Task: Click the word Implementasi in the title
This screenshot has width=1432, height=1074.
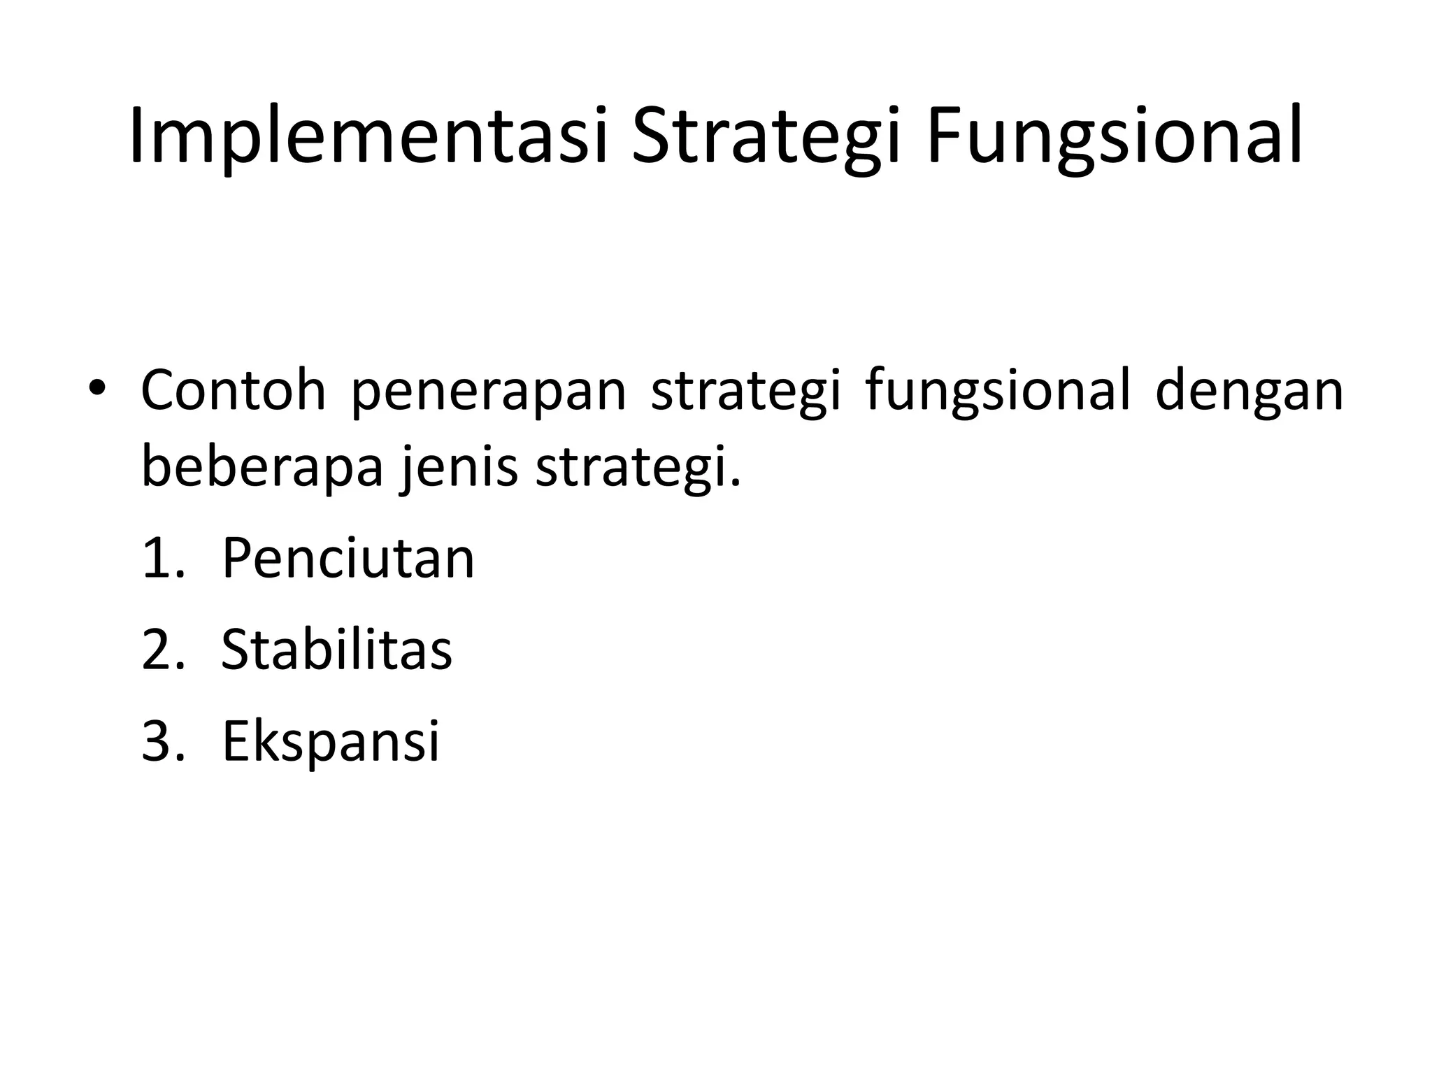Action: [367, 136]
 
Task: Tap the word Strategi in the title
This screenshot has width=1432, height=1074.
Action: [764, 136]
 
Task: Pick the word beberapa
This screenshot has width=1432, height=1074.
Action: [262, 467]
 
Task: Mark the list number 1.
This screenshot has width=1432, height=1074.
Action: [162, 559]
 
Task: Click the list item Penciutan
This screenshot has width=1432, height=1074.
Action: [348, 559]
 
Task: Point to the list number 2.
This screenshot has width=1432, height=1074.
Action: [162, 650]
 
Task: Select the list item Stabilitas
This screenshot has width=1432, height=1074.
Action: [336, 650]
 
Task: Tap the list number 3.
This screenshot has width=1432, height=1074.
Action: [162, 740]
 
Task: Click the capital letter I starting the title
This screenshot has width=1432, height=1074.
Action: [137, 136]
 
